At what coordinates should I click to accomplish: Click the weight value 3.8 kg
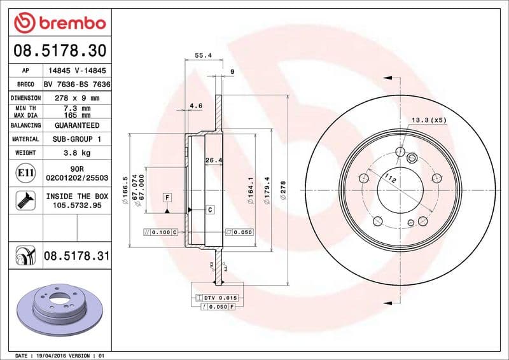(x=76, y=153)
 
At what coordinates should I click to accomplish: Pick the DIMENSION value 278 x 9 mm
(x=76, y=98)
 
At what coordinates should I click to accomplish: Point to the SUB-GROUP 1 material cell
(x=76, y=139)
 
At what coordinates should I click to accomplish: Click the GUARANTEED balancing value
(x=76, y=125)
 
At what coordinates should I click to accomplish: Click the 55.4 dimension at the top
(x=202, y=56)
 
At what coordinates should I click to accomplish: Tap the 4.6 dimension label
(x=196, y=106)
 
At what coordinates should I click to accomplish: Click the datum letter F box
(x=167, y=198)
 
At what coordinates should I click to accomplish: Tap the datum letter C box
(x=209, y=209)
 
